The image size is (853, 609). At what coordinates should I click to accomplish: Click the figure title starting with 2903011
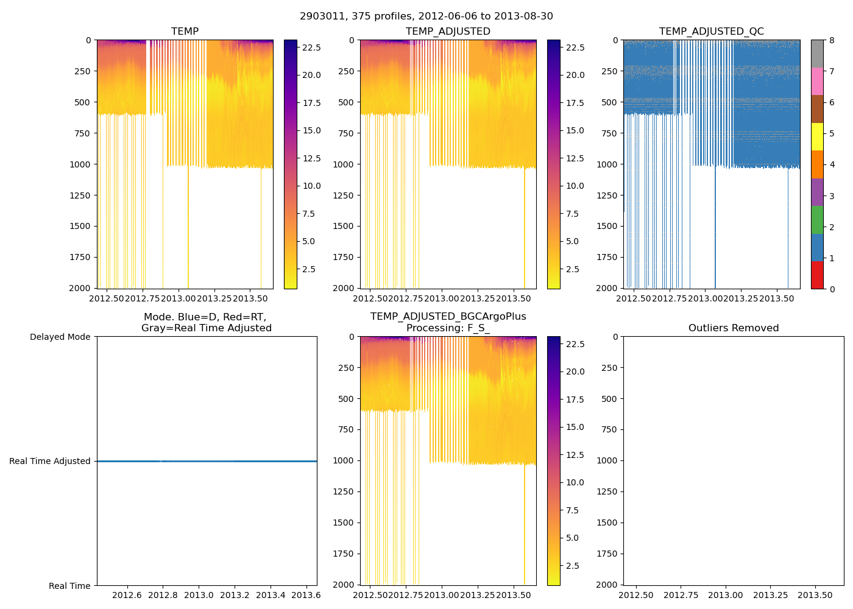(426, 16)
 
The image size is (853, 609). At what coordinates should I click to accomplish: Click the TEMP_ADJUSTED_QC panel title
(711, 32)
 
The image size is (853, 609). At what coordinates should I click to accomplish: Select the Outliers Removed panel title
(734, 328)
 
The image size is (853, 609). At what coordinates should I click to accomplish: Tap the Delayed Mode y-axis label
(60, 337)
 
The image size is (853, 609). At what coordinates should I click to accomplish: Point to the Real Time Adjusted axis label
(49, 462)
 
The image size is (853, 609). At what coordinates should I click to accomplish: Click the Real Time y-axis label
(69, 586)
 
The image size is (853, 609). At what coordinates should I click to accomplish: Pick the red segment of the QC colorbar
(817, 275)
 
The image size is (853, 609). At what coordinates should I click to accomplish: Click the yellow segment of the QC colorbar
(817, 137)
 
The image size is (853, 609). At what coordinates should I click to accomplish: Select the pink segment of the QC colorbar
(817, 82)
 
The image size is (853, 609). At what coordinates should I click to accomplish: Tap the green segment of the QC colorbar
(817, 220)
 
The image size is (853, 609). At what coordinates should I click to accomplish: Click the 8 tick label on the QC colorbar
(832, 41)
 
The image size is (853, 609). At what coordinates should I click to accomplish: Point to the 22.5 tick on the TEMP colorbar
(311, 48)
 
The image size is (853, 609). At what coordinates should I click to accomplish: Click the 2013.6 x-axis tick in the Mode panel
(305, 595)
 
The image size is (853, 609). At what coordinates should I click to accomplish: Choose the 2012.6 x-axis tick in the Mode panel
(127, 595)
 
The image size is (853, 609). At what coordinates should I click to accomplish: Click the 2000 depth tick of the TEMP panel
(80, 288)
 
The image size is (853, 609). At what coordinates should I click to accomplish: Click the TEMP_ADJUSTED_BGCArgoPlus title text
(448, 317)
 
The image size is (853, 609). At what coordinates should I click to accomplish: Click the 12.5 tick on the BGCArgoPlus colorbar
(575, 455)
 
